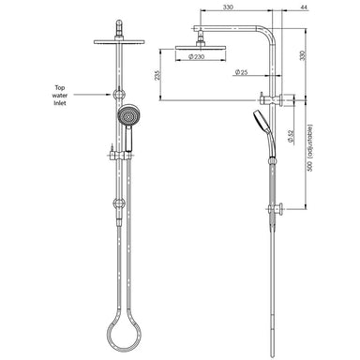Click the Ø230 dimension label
(197, 56)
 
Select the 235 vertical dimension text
(157, 75)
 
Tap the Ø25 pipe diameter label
(241, 72)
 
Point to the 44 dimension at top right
(304, 7)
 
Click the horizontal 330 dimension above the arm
(228, 7)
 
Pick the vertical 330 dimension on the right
(303, 55)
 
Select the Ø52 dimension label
(291, 137)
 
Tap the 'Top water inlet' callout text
(60, 95)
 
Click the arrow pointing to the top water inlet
(93, 94)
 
